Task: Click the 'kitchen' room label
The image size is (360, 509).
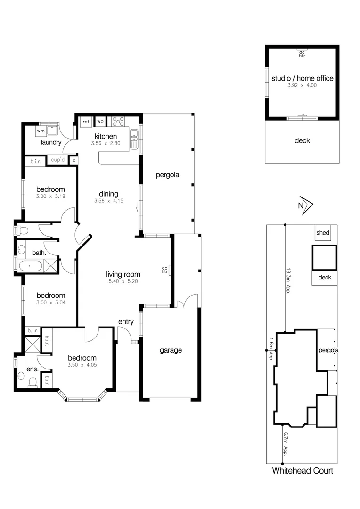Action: [105, 137]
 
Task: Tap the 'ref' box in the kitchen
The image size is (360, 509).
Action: [86, 122]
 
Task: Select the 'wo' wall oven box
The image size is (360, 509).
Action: [100, 122]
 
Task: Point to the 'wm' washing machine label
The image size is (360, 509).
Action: [41, 130]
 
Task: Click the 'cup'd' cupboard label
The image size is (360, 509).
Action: [57, 160]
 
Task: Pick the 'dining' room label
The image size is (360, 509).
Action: [108, 194]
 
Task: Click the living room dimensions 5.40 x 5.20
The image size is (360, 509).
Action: [123, 281]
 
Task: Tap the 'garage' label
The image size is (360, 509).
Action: [170, 350]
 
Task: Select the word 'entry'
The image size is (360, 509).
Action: [126, 322]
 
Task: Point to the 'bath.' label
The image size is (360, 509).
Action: [39, 253]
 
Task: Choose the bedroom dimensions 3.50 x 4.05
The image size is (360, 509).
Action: [82, 365]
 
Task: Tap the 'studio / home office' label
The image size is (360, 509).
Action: [302, 78]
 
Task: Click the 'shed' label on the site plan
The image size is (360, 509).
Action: [323, 233]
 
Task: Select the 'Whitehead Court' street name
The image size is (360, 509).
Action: [303, 470]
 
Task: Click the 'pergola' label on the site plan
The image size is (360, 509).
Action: [328, 350]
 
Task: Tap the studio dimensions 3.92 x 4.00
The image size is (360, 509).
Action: [302, 86]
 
